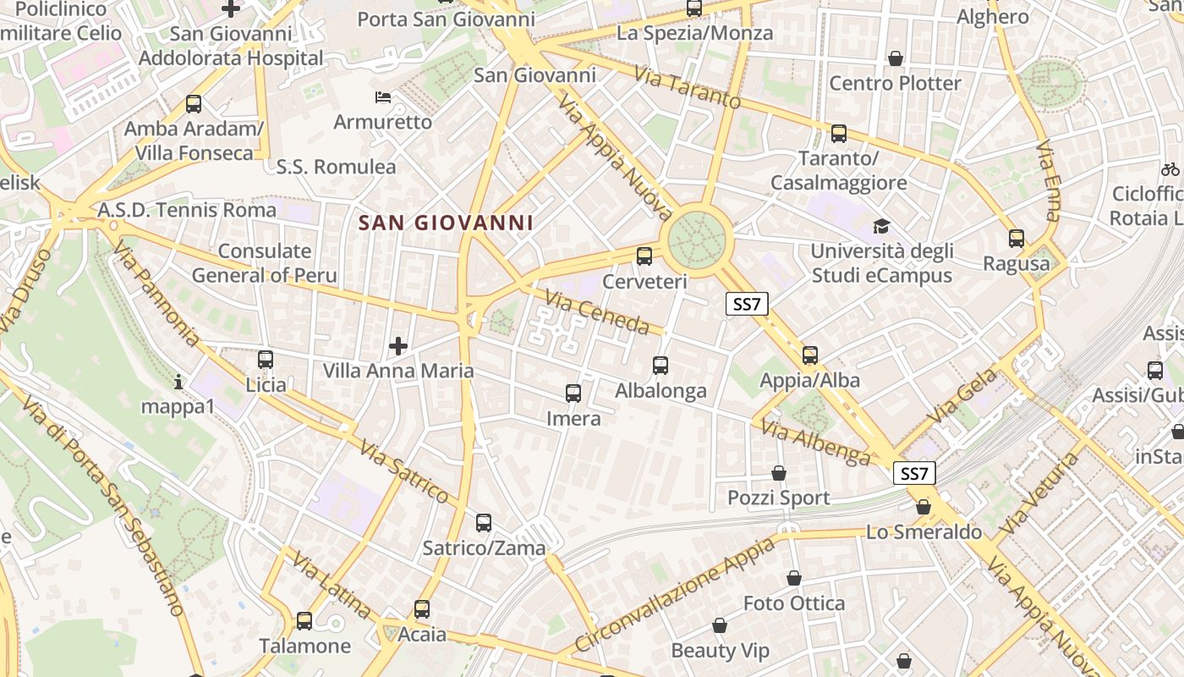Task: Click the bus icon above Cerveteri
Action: tap(644, 256)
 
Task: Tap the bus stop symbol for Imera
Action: tap(573, 394)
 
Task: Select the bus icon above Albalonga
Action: tap(661, 366)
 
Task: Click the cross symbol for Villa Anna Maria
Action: tap(398, 346)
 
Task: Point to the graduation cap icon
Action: tap(882, 226)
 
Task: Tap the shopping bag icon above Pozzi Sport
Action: tap(779, 473)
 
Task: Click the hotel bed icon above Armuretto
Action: tap(383, 97)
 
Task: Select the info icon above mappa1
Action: tap(178, 383)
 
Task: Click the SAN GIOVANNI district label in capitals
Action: tap(446, 223)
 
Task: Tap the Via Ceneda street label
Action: tap(597, 312)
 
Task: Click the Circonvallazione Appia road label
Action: tap(675, 593)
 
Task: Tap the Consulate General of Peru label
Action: tap(264, 263)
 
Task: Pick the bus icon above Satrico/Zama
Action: tap(484, 523)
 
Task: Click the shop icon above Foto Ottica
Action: tap(794, 578)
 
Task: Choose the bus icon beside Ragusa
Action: tap(1017, 239)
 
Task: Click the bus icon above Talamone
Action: tap(304, 621)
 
